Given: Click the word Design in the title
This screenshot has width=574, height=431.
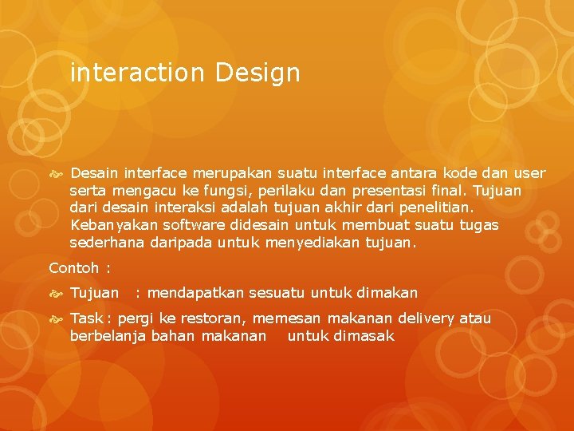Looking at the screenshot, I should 257,74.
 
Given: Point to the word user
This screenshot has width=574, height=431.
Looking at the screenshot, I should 529,173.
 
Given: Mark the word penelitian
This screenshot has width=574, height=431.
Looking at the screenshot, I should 446,208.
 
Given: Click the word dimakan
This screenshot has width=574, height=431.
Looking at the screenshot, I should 387,293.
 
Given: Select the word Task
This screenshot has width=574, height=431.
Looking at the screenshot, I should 86,318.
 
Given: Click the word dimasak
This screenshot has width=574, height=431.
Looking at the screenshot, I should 364,336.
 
